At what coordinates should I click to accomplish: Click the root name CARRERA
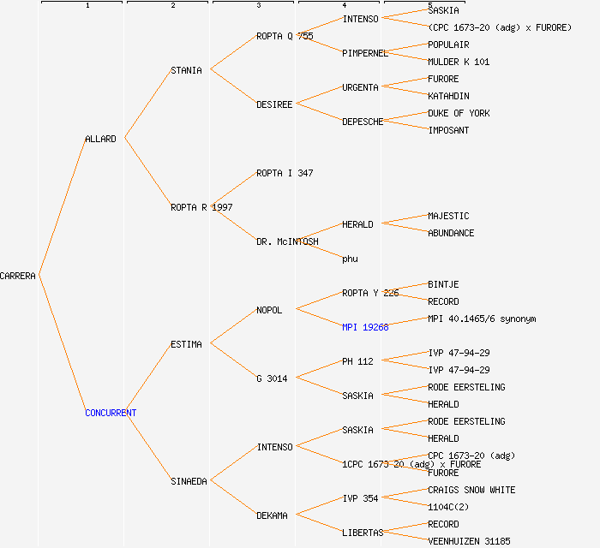pos(18,276)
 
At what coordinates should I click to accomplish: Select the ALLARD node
pos(100,139)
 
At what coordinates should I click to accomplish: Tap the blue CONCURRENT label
pos(111,413)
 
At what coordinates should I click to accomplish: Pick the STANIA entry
pos(186,70)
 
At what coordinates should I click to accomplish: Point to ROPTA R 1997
pos(201,207)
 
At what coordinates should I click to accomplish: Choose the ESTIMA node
pos(186,344)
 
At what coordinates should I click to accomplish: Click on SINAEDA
pos(189,481)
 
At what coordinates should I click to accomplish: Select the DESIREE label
pos(274,104)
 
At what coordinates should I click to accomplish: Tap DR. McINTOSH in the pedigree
pos(287,241)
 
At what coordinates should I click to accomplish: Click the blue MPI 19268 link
pos(365,327)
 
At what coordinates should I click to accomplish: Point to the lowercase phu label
pos(350,259)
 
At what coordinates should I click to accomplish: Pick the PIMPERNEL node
pos(365,53)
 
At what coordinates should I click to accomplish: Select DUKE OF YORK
pos(459,113)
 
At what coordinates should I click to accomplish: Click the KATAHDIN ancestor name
pos(448,96)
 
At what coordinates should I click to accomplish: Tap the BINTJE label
pos(443,284)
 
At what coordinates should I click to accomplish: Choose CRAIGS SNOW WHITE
pos(471,490)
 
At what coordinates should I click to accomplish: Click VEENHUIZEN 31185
pos(469,541)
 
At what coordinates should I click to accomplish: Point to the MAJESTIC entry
pos(448,216)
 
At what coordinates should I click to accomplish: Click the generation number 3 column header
pos(258,6)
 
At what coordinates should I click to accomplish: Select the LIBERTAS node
pos(363,533)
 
